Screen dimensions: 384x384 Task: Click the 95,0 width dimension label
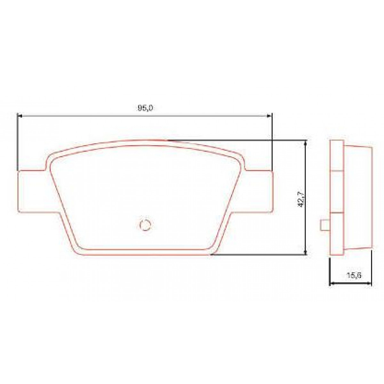coord(145,108)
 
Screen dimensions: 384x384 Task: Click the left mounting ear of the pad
coord(32,191)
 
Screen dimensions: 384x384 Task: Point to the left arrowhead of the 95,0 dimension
coord(19,116)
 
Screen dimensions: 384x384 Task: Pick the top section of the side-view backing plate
coord(336,156)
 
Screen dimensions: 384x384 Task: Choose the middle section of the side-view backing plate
coord(336,191)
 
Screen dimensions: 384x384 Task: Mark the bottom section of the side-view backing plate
coord(336,234)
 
